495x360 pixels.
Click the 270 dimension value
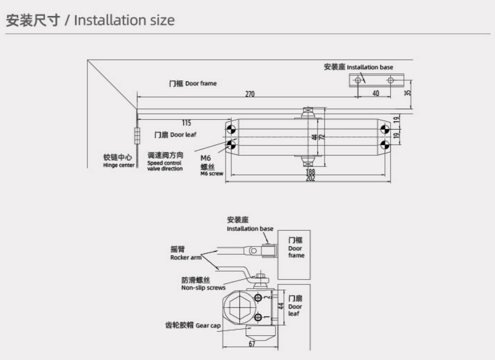click(x=250, y=94)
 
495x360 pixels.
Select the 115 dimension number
click(x=186, y=123)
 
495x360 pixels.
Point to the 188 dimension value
click(x=310, y=171)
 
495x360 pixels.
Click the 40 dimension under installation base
click(x=375, y=93)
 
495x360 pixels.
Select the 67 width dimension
click(x=252, y=344)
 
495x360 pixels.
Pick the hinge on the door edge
click(x=136, y=135)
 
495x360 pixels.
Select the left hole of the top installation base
click(x=357, y=80)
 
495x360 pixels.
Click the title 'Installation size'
click(x=124, y=20)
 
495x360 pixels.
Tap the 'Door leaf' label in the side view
click(x=295, y=306)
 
